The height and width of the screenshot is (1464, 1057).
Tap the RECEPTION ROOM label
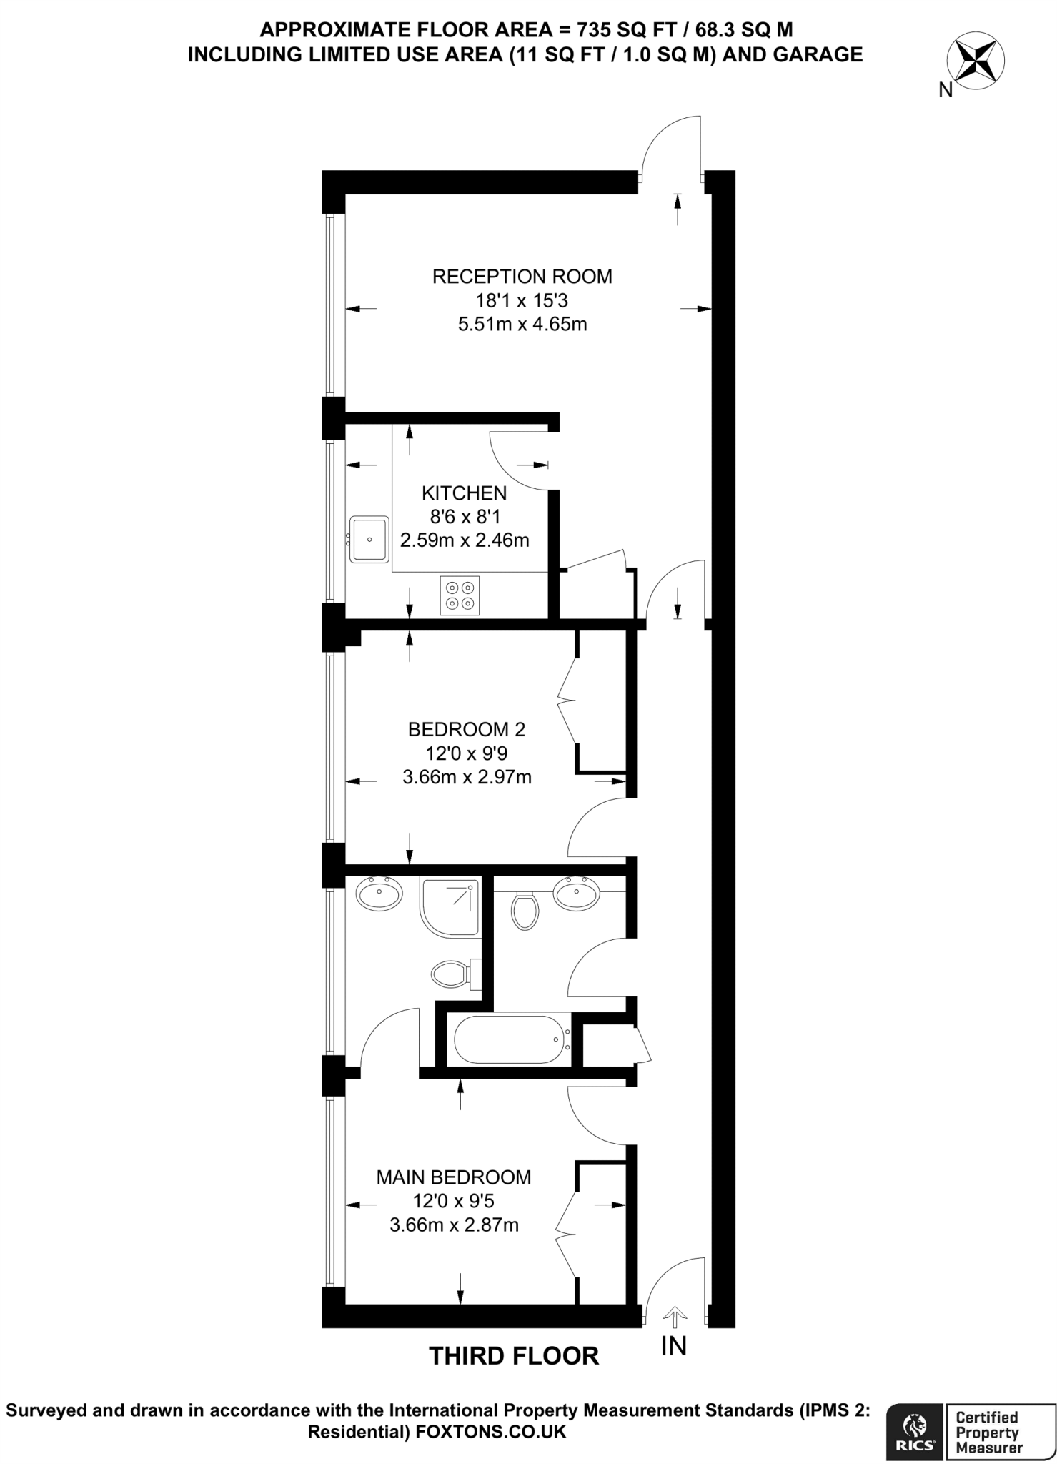(522, 277)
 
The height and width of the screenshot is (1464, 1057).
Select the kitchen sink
(369, 539)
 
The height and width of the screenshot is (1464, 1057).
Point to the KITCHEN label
(464, 493)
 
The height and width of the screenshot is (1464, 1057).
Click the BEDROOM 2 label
(466, 729)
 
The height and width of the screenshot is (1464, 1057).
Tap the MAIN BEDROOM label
(454, 1177)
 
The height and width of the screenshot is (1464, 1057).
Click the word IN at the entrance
(673, 1347)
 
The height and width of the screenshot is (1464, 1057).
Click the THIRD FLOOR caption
(513, 1356)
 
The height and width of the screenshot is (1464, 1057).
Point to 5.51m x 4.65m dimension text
(522, 325)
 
